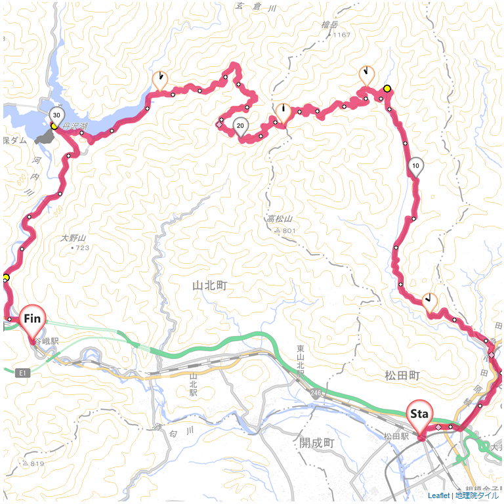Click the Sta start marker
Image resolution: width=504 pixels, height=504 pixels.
419,415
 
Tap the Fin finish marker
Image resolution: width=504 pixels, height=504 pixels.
33,320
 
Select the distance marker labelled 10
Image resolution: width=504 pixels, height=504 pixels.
415,166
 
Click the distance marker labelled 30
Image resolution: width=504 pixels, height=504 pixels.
56,115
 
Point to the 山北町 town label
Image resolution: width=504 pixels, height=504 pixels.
209,286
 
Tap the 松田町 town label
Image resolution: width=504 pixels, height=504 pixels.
402,375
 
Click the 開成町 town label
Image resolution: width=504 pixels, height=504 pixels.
316,443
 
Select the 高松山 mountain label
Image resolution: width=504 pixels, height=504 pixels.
279,220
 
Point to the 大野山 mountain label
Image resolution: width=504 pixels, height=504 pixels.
73,238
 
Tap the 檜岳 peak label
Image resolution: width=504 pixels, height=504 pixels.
329,24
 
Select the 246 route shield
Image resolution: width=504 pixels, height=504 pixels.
316,392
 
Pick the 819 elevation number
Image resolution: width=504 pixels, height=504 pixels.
34,464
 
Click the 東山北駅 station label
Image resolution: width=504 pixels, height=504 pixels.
301,360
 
